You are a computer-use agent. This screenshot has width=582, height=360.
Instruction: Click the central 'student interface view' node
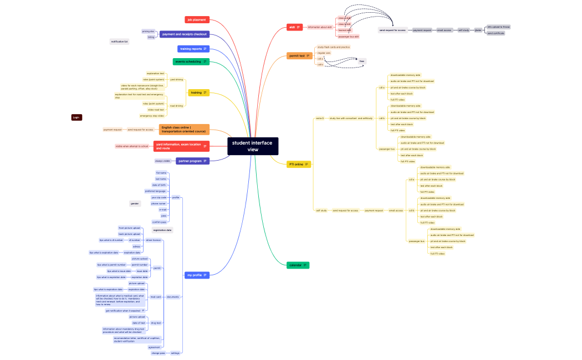click(253, 146)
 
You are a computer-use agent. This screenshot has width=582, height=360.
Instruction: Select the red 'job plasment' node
click(197, 20)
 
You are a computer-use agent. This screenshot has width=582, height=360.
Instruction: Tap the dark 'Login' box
click(76, 117)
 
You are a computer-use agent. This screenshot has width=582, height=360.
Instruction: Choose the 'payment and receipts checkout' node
click(184, 34)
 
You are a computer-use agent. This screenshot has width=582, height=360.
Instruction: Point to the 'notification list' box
click(119, 42)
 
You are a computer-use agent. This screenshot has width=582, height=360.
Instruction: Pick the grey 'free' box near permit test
click(361, 61)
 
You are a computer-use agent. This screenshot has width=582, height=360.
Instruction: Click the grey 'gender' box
click(135, 203)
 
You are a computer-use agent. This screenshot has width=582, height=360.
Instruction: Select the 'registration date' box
click(162, 230)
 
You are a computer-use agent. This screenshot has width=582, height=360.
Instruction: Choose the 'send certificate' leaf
click(496, 33)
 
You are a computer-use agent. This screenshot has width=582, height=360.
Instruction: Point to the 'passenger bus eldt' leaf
click(349, 37)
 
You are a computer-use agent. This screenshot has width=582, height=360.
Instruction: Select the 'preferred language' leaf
click(155, 191)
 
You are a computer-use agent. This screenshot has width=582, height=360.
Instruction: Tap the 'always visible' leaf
click(163, 161)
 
